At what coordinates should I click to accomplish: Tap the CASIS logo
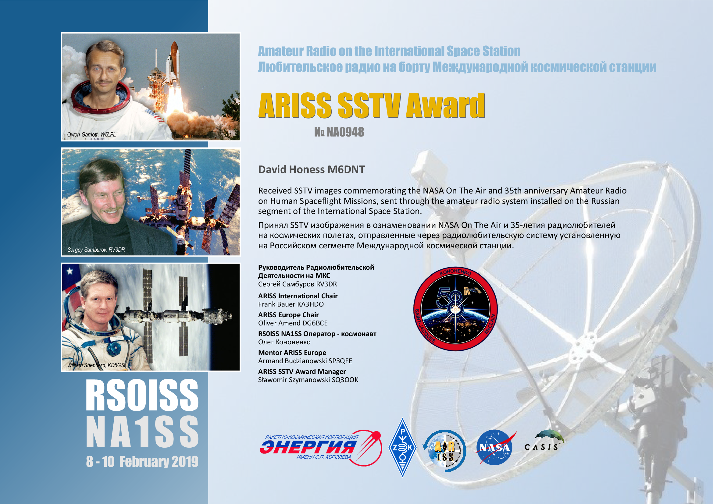(x=544, y=441)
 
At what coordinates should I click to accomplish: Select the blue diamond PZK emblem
(x=402, y=447)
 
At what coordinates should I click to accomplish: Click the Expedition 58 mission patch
(x=455, y=309)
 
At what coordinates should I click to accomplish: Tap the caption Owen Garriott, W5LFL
(x=91, y=134)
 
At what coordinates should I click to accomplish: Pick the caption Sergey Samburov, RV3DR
(x=96, y=250)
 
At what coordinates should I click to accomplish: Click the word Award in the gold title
(x=445, y=105)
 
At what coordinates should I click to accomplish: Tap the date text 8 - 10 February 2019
(x=142, y=461)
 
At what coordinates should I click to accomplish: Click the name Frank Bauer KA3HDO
(x=291, y=304)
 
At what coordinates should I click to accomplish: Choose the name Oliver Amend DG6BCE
(x=293, y=323)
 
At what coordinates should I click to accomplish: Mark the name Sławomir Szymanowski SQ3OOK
(x=308, y=380)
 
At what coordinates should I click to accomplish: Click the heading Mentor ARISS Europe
(x=292, y=353)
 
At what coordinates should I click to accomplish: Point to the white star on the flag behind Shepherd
(x=70, y=271)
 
